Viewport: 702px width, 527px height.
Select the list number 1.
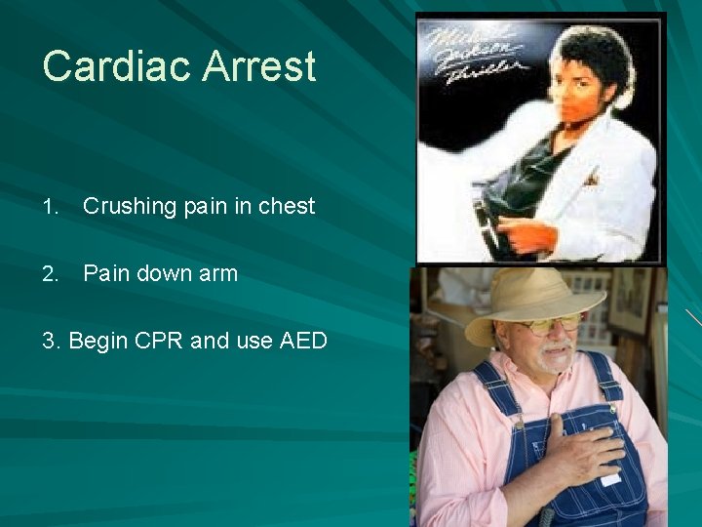click(x=50, y=206)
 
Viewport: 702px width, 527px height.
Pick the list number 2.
click(x=50, y=273)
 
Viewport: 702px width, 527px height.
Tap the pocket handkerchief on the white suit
click(x=592, y=179)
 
